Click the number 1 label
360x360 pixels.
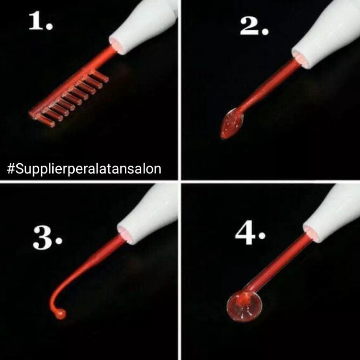tap(41, 21)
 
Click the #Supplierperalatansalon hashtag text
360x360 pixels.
tap(84, 169)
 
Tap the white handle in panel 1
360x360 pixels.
tap(144, 25)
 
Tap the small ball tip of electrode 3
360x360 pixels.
tap(61, 314)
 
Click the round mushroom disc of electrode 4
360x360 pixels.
tap(244, 306)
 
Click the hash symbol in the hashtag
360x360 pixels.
tap(11, 169)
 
